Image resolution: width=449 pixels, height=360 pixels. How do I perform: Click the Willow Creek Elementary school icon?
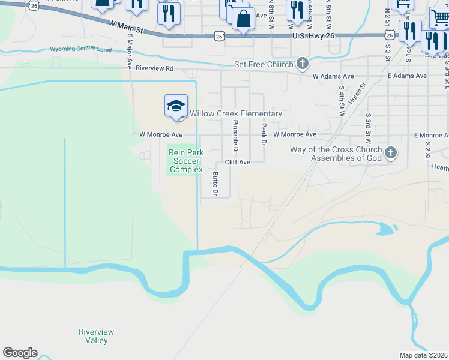tap(176, 106)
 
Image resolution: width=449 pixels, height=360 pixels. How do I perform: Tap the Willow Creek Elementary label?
tap(236, 113)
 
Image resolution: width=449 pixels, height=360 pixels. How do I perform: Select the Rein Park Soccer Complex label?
tap(185, 161)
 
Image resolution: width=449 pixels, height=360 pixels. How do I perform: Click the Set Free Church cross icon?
tap(302, 64)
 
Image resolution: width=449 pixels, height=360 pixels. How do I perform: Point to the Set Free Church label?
tap(264, 64)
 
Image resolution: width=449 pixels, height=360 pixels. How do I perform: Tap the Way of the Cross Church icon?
tap(390, 153)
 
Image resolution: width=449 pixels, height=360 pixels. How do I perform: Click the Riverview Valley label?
tap(96, 336)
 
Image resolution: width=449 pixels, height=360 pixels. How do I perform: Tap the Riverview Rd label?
tap(154, 68)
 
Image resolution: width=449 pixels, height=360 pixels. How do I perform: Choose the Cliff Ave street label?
tap(237, 162)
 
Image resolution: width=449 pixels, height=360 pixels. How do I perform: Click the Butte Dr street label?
tap(214, 184)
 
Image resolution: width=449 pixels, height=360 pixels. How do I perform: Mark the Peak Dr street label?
tap(263, 135)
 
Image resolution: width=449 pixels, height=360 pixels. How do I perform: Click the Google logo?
tap(20, 353)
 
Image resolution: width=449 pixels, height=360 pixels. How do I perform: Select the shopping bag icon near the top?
tap(243, 20)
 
